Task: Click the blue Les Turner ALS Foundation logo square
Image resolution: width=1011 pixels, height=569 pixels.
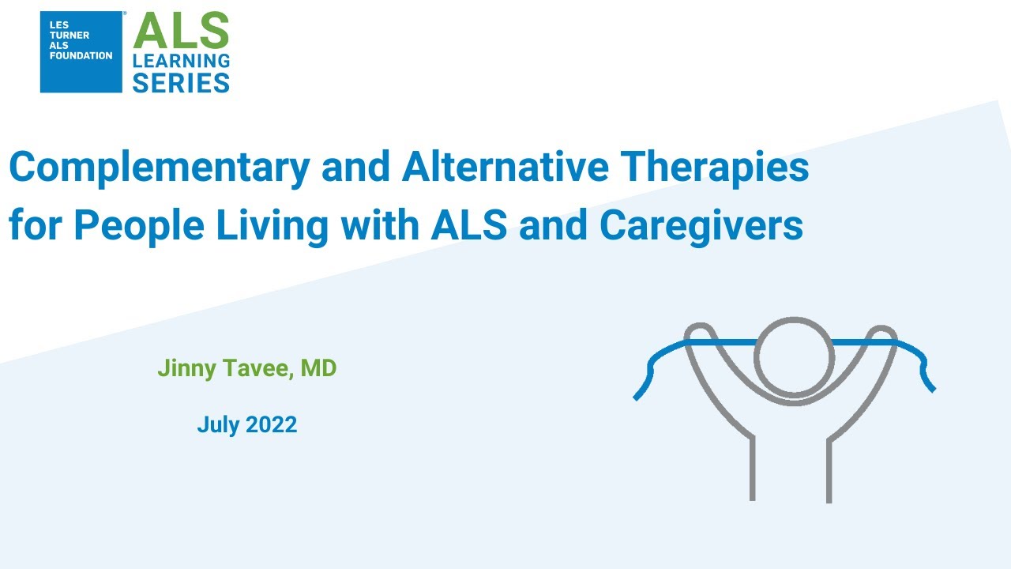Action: click(81, 52)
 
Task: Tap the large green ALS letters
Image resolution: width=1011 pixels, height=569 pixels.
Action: click(181, 32)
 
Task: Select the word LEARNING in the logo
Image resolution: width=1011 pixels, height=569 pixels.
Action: click(181, 61)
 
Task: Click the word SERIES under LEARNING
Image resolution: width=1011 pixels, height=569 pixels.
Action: click(181, 81)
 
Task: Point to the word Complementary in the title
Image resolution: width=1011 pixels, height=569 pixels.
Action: click(149, 168)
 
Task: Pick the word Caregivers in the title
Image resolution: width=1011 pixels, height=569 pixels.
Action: click(701, 227)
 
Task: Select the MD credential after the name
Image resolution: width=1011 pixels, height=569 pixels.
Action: click(319, 368)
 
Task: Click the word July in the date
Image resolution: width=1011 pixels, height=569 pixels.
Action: click(218, 425)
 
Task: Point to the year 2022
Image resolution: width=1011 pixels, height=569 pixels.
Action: click(272, 425)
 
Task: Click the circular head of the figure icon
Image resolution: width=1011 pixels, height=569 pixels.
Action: click(794, 356)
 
